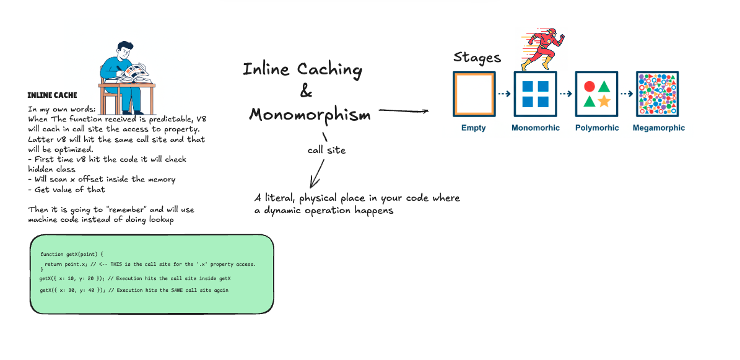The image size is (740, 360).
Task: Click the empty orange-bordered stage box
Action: click(x=474, y=94)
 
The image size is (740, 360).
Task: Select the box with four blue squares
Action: click(x=535, y=94)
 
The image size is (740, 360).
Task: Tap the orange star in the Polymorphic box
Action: click(x=604, y=101)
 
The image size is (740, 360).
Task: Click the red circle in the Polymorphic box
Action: click(x=590, y=87)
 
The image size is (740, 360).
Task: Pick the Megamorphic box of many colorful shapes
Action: click(x=658, y=94)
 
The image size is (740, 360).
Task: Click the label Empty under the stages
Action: click(x=474, y=128)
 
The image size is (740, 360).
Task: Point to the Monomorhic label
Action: click(x=535, y=128)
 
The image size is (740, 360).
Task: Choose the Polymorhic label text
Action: click(x=597, y=128)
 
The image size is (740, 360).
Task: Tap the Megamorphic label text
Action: click(x=658, y=128)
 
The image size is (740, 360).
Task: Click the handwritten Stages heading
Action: click(x=477, y=58)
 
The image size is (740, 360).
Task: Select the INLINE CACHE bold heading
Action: click(x=52, y=95)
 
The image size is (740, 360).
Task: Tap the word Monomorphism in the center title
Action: click(x=310, y=115)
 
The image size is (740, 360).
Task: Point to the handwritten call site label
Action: click(x=326, y=150)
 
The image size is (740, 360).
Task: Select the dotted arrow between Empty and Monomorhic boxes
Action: click(x=504, y=94)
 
